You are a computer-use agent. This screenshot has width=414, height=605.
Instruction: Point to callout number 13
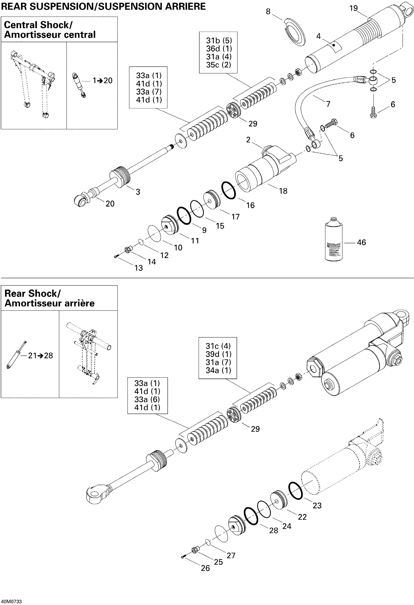click(139, 268)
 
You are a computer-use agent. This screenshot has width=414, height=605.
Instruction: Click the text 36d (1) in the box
click(219, 49)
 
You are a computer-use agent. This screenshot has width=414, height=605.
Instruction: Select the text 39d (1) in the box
click(218, 354)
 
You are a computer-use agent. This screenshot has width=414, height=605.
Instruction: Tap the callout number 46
click(361, 242)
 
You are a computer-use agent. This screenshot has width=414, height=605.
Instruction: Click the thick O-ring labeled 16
click(229, 190)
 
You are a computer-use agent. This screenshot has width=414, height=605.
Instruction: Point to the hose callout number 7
click(328, 104)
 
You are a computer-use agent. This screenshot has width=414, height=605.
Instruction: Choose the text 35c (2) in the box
click(219, 65)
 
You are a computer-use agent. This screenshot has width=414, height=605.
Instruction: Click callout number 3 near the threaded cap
click(138, 192)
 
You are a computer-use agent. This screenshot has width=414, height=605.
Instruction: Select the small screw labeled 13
click(116, 257)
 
